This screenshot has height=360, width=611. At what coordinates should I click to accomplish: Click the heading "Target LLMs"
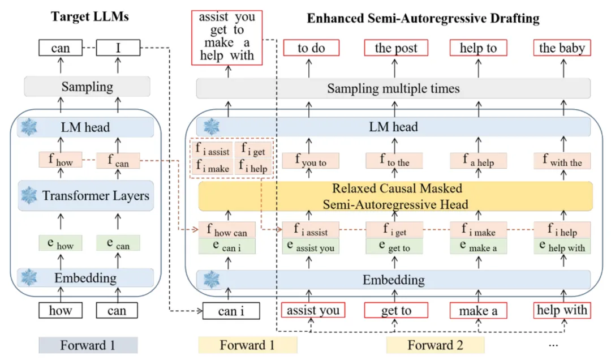(x=90, y=16)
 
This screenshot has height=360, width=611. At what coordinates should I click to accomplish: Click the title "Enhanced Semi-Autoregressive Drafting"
(x=423, y=18)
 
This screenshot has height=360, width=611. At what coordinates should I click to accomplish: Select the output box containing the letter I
(x=118, y=48)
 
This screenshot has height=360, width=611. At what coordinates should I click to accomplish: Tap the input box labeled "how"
(x=60, y=311)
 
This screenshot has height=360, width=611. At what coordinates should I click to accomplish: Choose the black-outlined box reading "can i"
(x=231, y=311)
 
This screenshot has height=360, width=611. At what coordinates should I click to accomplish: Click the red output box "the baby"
(x=562, y=48)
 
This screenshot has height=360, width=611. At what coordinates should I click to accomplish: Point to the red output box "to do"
(x=311, y=48)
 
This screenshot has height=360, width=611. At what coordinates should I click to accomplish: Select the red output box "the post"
(x=395, y=48)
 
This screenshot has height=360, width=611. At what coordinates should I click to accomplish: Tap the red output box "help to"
(x=478, y=48)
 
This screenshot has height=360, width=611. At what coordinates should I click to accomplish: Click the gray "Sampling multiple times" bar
(x=393, y=89)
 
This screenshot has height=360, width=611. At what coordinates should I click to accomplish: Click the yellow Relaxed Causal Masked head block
(x=394, y=196)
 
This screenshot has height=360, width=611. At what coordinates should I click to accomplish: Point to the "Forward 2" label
(x=434, y=345)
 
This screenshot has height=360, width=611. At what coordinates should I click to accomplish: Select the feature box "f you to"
(x=310, y=161)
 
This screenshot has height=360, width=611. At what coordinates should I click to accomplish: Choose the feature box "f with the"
(x=562, y=161)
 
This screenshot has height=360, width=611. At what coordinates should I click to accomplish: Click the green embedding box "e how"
(x=60, y=243)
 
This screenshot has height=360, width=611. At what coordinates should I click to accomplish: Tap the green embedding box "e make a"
(x=478, y=246)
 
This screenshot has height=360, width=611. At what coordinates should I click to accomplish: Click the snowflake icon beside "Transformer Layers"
(x=29, y=196)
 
